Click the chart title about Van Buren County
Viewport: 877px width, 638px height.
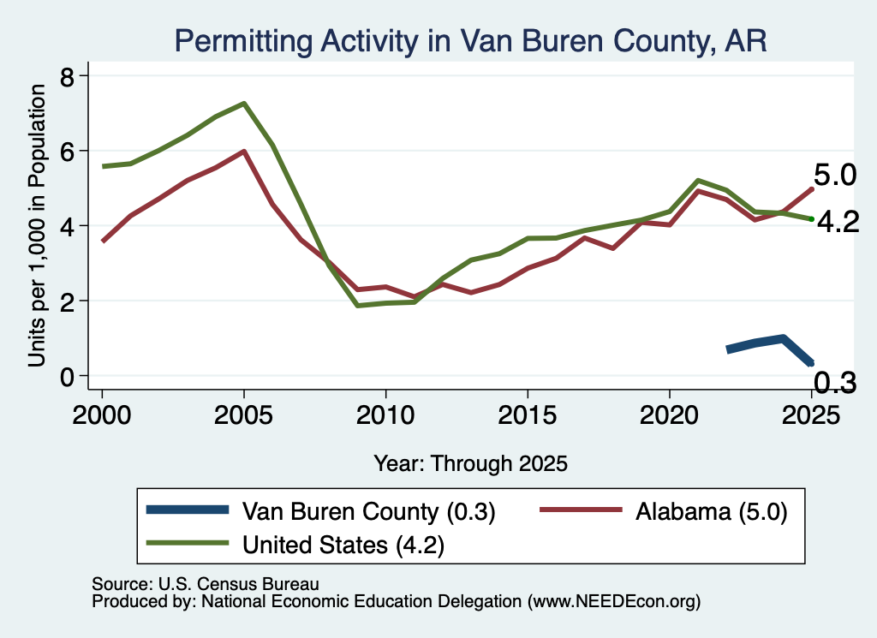pos(470,41)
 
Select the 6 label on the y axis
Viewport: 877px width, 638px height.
pos(67,151)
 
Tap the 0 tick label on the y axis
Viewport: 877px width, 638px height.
pos(67,377)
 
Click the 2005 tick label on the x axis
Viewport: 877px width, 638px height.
pos(243,415)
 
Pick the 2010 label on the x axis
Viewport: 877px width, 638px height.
pos(385,415)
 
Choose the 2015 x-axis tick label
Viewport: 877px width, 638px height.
pos(528,415)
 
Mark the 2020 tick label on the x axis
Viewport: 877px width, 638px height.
pos(670,415)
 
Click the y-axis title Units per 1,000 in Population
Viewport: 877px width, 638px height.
pos(37,225)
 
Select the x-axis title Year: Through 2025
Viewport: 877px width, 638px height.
pos(470,463)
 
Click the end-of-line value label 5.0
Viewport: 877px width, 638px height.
pos(834,176)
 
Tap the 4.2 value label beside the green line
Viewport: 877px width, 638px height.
pos(838,223)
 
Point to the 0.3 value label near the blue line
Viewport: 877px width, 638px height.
pos(834,383)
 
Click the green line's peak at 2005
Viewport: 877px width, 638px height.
pos(244,104)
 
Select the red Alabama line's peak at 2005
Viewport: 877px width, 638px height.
pos(244,151)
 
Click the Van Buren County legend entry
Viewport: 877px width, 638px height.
pos(320,511)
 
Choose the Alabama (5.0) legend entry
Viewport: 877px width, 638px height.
pos(664,511)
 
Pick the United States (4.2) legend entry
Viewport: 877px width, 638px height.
pos(295,544)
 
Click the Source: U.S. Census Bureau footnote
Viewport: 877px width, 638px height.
pos(206,584)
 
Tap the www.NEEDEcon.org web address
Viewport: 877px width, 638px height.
pos(613,601)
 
